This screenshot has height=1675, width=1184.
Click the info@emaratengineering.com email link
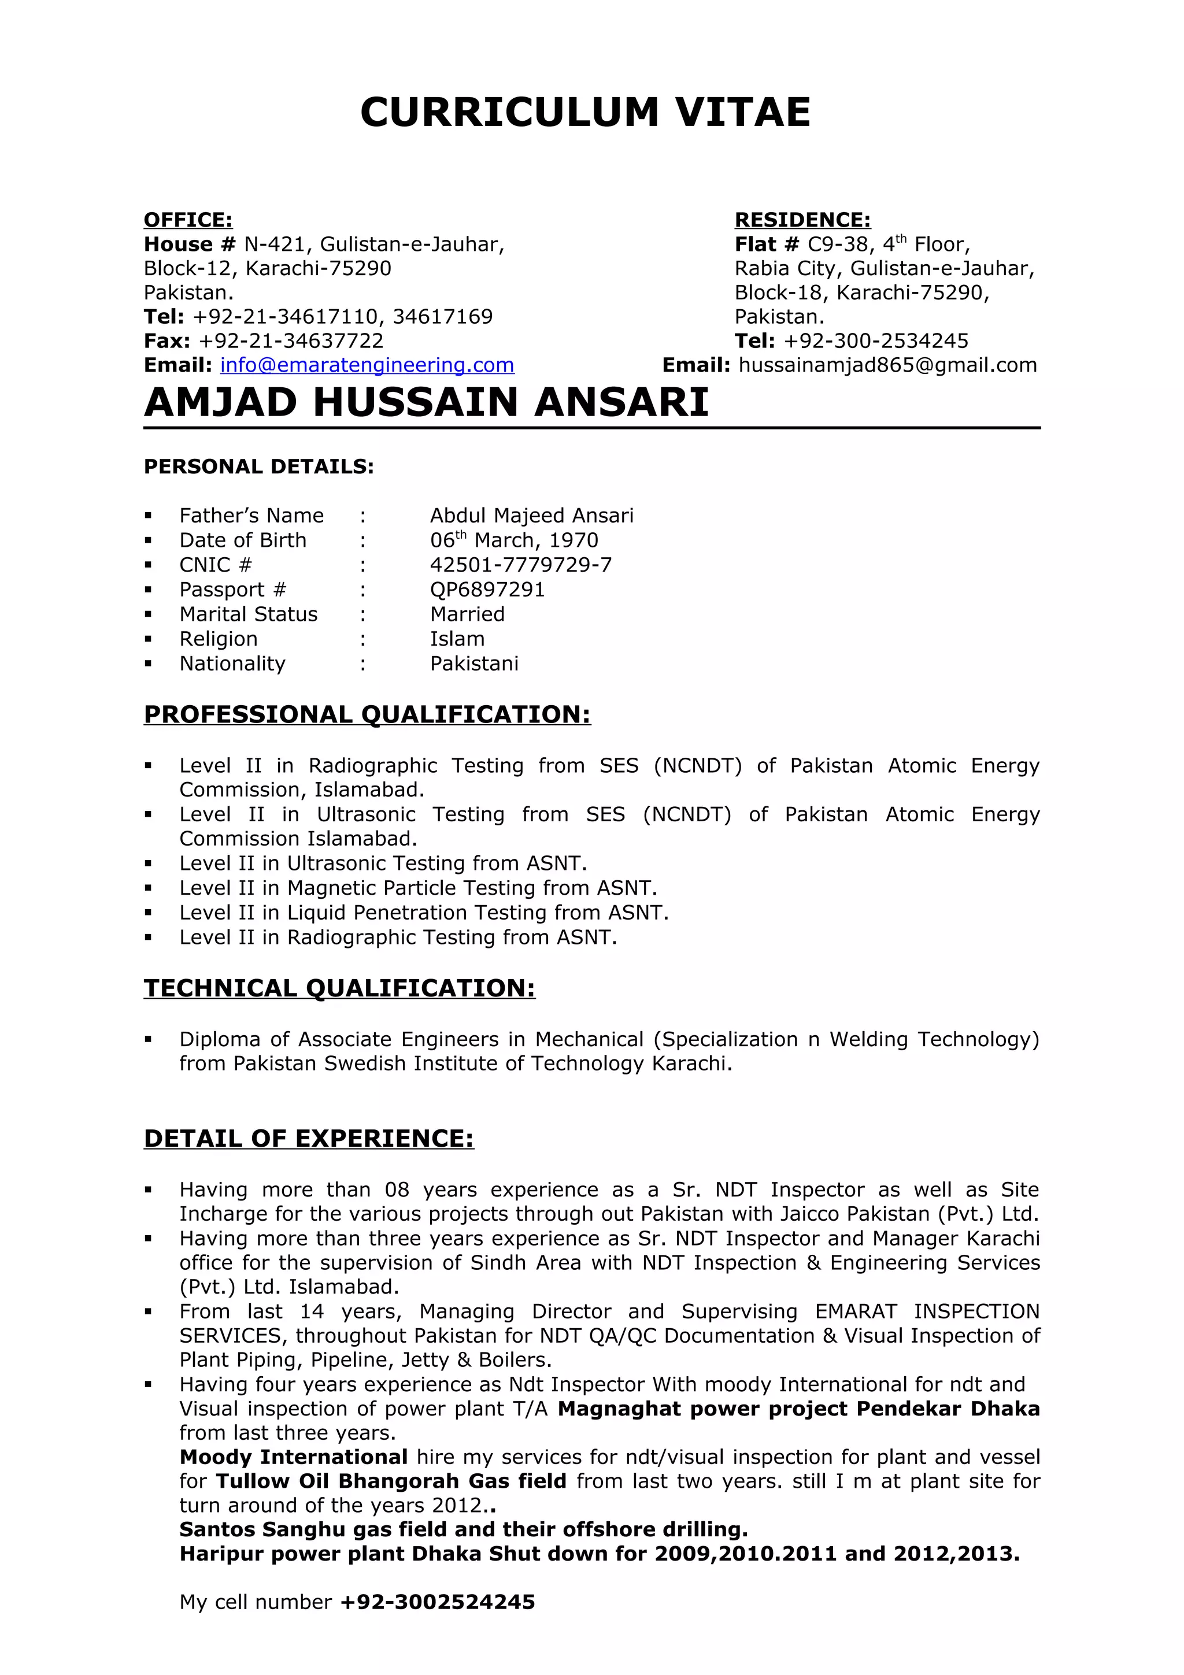367,365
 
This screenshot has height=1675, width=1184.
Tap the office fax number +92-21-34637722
290,340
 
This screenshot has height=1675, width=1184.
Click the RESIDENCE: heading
802,220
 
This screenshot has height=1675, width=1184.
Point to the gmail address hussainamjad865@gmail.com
887,365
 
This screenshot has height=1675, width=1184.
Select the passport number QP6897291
487,590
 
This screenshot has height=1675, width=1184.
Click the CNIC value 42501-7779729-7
520,565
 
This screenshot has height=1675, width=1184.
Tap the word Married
467,614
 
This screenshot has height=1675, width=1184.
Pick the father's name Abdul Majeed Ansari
531,516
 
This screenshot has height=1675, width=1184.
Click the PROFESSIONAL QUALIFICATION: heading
367,714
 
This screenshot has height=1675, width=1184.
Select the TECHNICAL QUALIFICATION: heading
339,988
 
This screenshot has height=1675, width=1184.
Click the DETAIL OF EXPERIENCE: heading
309,1138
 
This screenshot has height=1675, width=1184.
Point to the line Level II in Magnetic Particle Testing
418,888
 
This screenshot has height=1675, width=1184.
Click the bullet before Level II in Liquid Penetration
148,913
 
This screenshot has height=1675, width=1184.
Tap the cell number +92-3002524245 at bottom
438,1602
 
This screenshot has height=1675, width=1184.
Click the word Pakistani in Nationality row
473,664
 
